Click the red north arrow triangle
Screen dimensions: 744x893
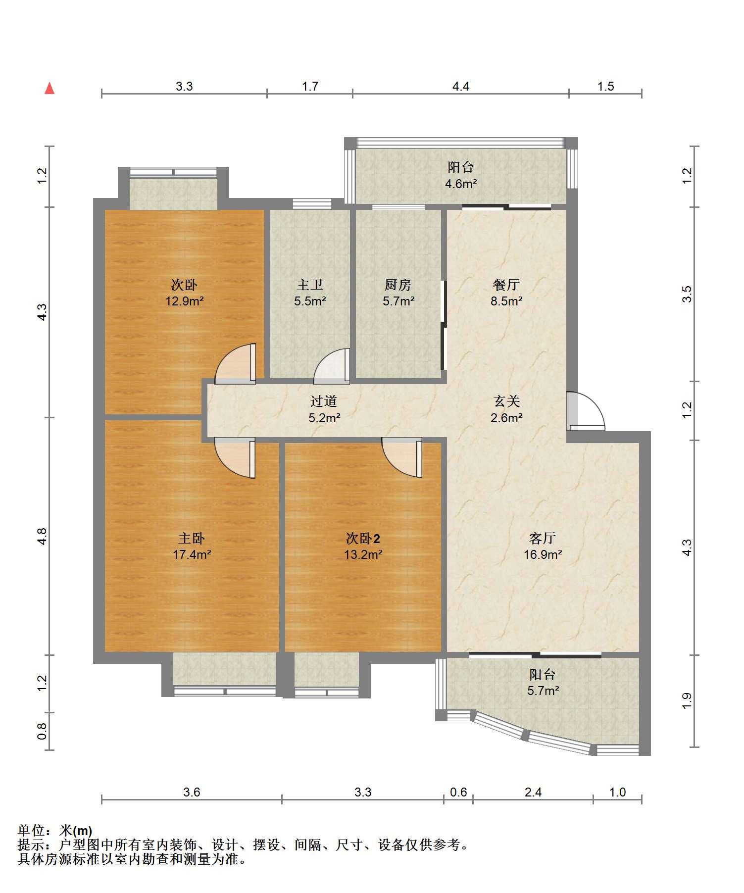50,89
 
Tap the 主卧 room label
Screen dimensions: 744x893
192,538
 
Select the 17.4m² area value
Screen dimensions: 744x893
192,555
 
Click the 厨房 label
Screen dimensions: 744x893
398,285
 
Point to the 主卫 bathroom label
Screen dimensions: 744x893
310,285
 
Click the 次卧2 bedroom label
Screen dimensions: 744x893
363,538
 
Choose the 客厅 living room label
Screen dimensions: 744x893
543,538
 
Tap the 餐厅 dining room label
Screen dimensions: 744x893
506,285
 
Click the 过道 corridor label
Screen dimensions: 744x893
324,401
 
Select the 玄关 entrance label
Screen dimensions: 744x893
506,401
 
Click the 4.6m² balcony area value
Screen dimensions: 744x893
461,184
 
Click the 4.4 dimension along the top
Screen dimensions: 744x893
460,87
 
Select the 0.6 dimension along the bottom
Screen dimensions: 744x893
458,793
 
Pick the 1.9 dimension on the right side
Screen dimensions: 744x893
687,700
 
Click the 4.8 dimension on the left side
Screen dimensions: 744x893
42,537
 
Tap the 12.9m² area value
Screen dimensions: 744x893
185,301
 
